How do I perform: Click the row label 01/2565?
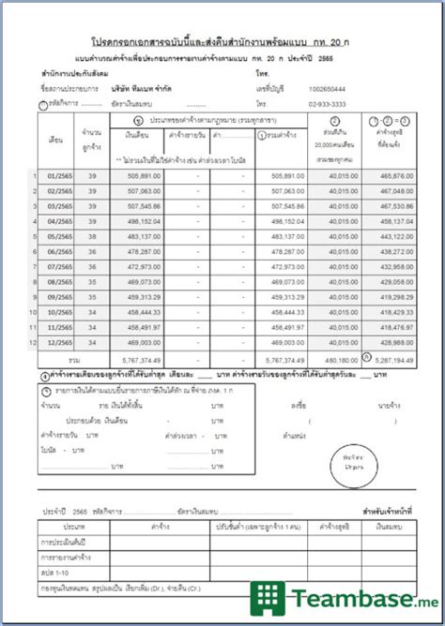[x=57, y=174]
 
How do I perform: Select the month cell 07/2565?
[x=57, y=267]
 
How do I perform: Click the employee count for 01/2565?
[x=91, y=174]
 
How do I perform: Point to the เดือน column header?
[x=56, y=141]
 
